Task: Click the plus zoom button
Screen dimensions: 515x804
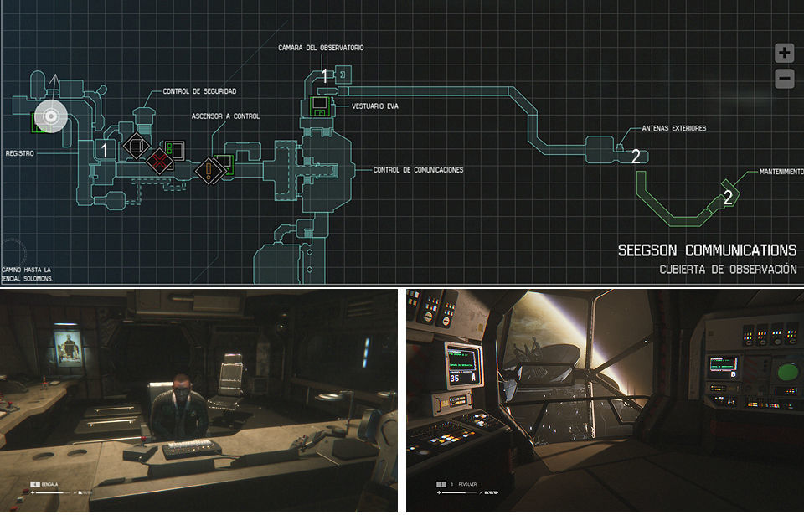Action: (x=784, y=54)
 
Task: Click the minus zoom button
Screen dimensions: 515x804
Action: (x=784, y=80)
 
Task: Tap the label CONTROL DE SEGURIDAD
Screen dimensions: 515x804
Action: (x=199, y=90)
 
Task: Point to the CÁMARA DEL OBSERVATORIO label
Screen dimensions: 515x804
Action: (x=321, y=48)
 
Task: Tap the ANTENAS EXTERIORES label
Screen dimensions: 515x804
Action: (x=673, y=128)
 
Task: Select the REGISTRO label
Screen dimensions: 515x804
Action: (x=19, y=154)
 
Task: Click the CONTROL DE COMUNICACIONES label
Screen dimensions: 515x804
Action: (x=418, y=170)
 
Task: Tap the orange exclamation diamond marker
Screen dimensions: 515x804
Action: (x=209, y=170)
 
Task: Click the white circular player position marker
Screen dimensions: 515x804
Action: (x=50, y=116)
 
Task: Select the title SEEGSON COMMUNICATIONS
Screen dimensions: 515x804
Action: (x=707, y=250)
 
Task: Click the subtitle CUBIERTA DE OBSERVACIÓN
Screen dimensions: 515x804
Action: (x=728, y=270)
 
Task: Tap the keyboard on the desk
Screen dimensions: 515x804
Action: (x=191, y=449)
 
